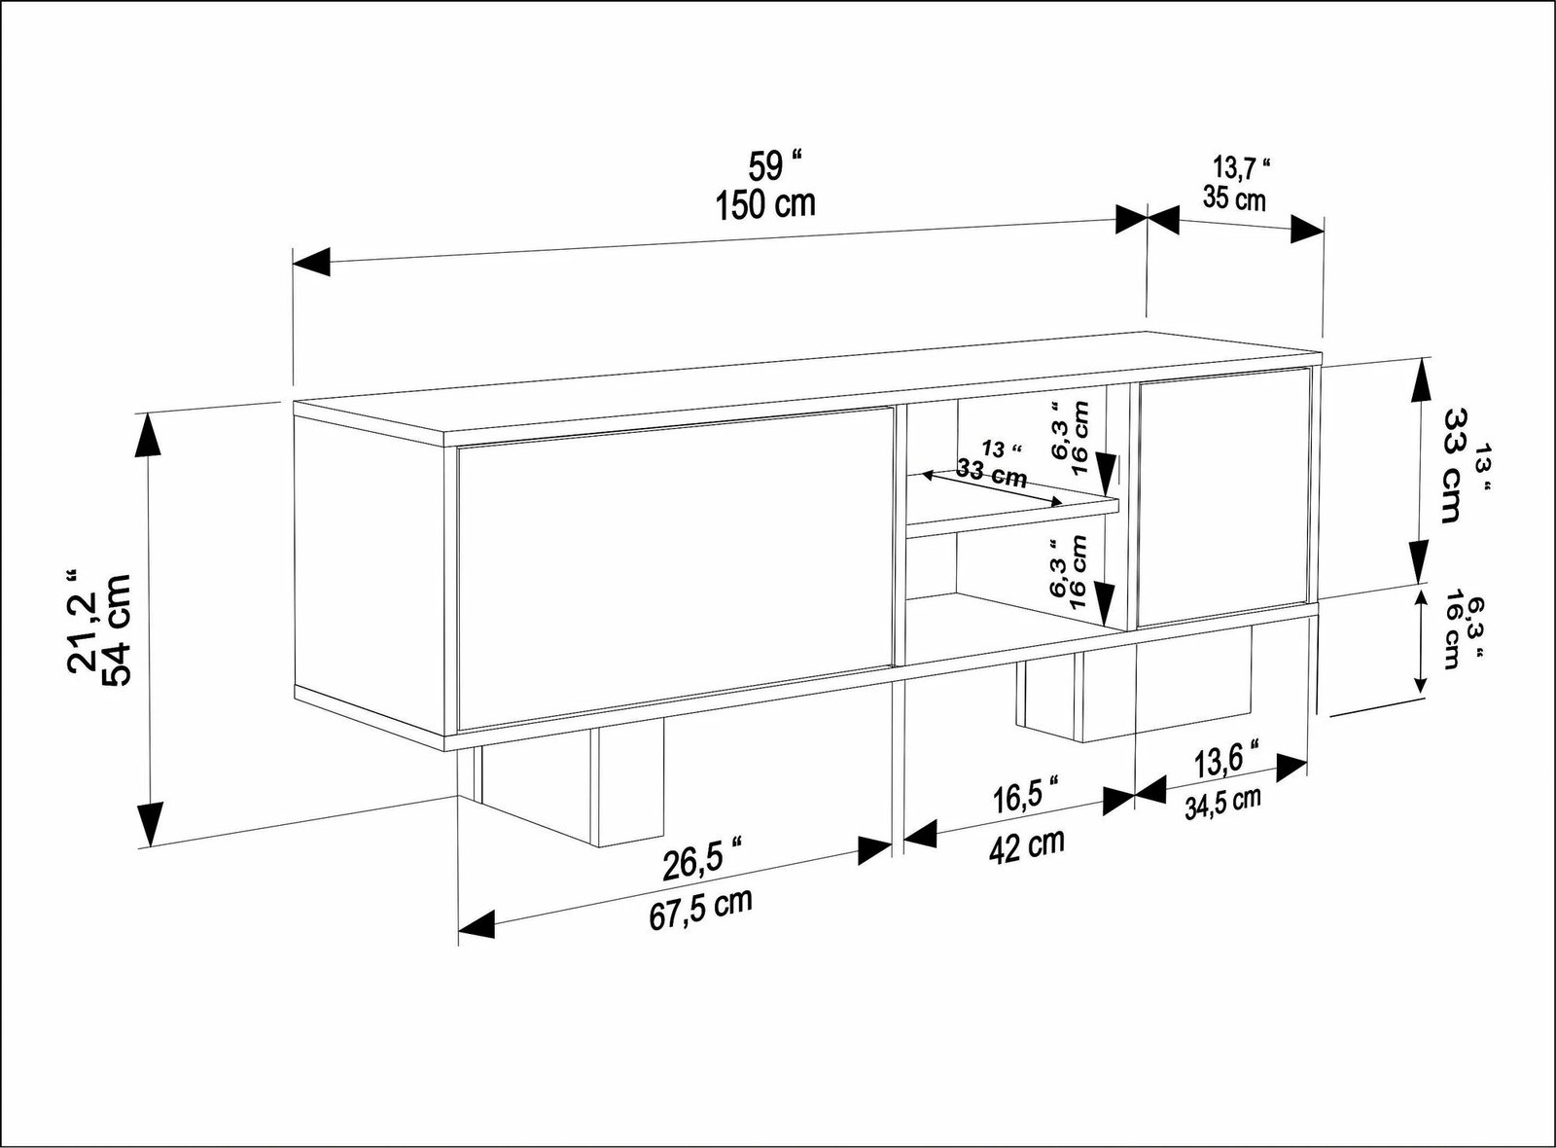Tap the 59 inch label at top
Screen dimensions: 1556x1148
tap(774, 164)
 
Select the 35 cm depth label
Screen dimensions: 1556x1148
tap(1234, 198)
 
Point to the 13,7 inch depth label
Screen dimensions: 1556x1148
tap(1240, 167)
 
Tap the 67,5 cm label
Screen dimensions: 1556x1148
tap(701, 909)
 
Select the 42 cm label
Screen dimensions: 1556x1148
tap(1026, 846)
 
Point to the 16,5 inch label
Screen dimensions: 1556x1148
tap(1026, 799)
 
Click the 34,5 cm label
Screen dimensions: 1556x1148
tap(1221, 805)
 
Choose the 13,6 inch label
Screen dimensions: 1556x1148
tap(1226, 762)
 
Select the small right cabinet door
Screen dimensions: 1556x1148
tap(1223, 497)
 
